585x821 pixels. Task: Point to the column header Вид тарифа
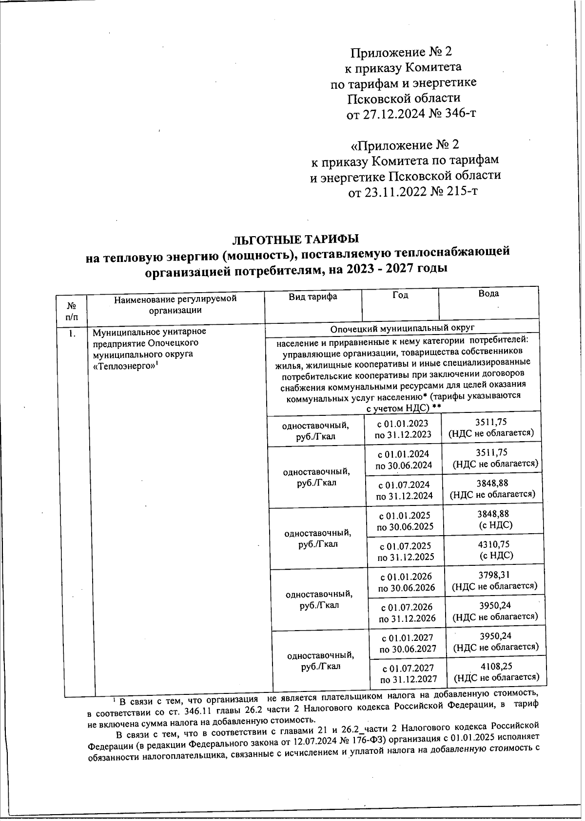[313, 297]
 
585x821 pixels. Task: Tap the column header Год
[400, 295]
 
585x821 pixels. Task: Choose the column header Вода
[488, 294]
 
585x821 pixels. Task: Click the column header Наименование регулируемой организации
[175, 304]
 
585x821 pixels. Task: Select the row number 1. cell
[73, 334]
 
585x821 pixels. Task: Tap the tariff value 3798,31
[495, 575]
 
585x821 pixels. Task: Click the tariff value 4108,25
[496, 667]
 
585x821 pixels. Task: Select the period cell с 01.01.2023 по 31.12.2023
[403, 429]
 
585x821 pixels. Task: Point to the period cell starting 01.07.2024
[405, 490]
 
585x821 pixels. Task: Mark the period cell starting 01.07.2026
[407, 613]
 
